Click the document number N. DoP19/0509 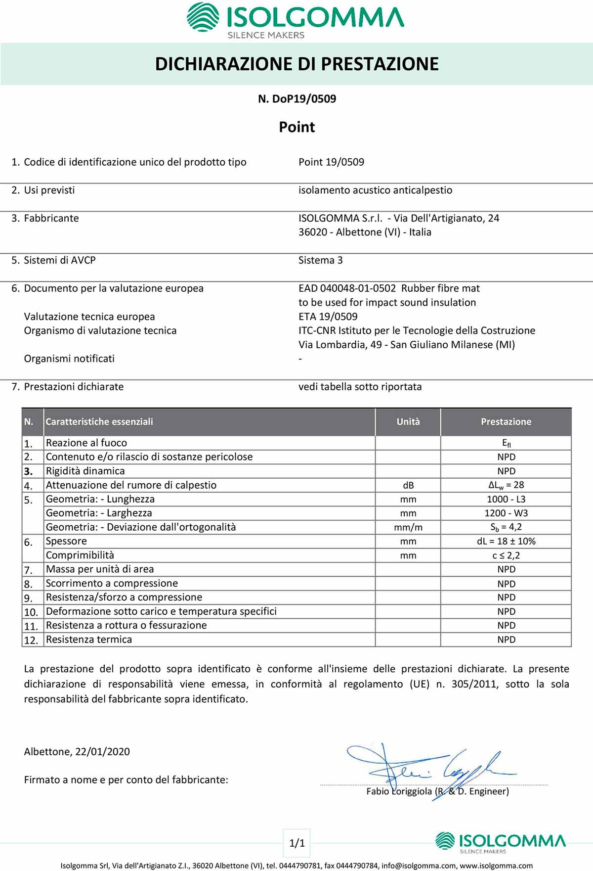click(297, 99)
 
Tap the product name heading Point click(297, 127)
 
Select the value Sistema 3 click(320, 260)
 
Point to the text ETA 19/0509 click(328, 317)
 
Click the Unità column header click(408, 422)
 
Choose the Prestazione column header click(506, 422)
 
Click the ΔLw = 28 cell click(506, 485)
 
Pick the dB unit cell click(408, 485)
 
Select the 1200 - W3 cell click(506, 513)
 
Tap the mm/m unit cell click(408, 527)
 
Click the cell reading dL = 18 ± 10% click(506, 541)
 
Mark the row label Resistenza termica click(89, 640)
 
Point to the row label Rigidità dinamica click(85, 471)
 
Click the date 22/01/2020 click(103, 752)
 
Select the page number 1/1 click(297, 843)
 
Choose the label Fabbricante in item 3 click(51, 218)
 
